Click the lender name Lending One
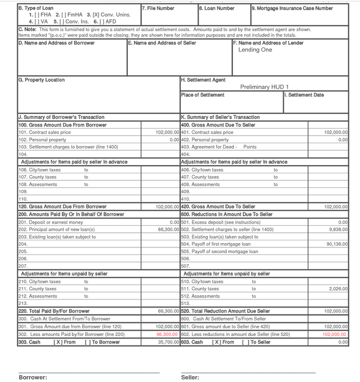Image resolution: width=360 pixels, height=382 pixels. coord(255,50)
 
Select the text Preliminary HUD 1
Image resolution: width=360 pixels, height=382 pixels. coord(264,87)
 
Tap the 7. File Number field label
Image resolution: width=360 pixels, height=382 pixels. coord(158,9)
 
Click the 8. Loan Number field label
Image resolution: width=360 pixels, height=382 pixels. coord(217,9)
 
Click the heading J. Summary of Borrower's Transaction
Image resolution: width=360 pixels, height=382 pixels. coord(61,117)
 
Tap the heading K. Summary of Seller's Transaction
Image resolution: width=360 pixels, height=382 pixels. coord(220,117)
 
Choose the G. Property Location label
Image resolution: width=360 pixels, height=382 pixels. coord(41,80)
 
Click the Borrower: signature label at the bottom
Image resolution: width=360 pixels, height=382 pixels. coord(33,377)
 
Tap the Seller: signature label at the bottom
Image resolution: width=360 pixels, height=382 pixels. coord(190,377)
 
